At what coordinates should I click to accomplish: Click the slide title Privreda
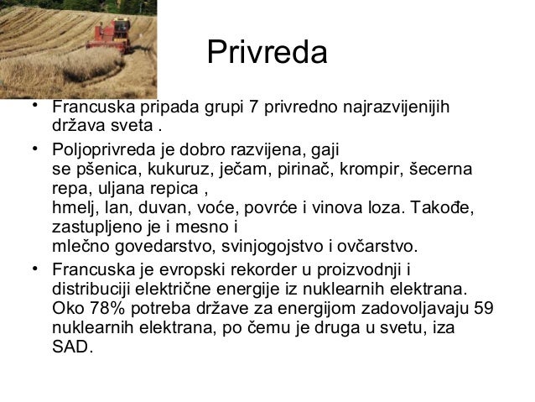coord(267,55)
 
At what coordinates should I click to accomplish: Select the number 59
coord(483,307)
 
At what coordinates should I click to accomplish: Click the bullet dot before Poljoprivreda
coord(31,150)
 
